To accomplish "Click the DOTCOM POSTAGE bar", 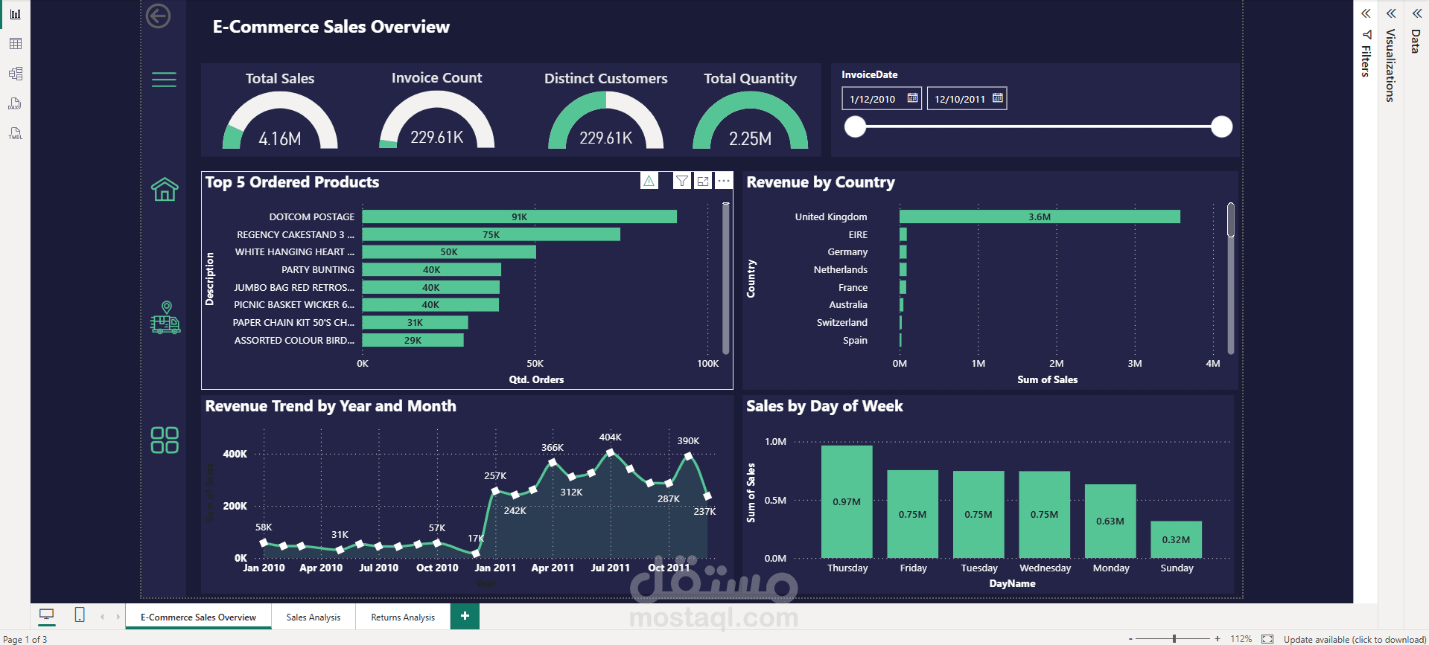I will coord(519,216).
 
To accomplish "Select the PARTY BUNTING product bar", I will coord(431,269).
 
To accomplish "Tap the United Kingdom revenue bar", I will coord(1039,216).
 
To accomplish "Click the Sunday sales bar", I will coord(1176,539).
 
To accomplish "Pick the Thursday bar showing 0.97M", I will coord(847,501).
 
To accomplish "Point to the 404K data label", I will coord(610,437).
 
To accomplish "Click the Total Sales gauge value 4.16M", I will coord(280,139).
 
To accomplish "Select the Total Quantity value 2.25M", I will coord(750,139).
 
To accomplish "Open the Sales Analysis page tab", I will coord(313,617).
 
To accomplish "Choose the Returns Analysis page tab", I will coord(403,617).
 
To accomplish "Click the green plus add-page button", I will coord(465,616).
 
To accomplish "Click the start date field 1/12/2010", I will coord(873,99).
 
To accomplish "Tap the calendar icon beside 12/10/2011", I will coord(998,98).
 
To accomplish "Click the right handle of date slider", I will coord(1221,127).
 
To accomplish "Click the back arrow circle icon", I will coord(158,16).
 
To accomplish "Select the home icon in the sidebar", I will coord(165,190).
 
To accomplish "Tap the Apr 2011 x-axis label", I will coord(553,568).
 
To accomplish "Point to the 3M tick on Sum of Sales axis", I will coord(1134,364).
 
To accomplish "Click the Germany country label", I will coord(847,252).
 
